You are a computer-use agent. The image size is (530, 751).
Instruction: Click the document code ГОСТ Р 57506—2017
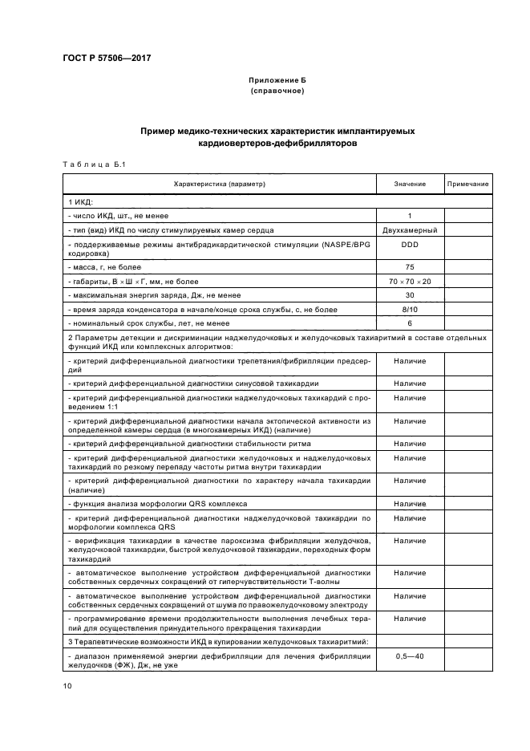click(x=106, y=59)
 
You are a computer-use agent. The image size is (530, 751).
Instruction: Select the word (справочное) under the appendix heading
click(x=277, y=91)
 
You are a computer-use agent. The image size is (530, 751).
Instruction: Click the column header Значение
click(x=410, y=185)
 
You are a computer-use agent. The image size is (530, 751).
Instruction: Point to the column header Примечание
click(x=468, y=185)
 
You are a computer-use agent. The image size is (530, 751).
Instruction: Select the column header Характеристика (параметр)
click(x=219, y=185)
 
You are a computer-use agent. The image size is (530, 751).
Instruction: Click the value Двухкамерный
click(x=410, y=229)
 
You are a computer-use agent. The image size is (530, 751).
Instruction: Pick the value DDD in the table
click(x=410, y=244)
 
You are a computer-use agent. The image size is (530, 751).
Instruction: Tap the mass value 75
click(x=410, y=266)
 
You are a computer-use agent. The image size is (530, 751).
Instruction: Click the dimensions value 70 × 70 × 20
click(x=410, y=282)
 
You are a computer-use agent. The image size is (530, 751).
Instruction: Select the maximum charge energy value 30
click(x=410, y=295)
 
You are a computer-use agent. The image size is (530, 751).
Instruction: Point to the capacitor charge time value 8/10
click(x=410, y=309)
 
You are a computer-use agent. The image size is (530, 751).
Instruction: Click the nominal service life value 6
click(x=410, y=323)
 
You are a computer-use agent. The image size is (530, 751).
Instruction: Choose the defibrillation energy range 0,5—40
click(x=410, y=656)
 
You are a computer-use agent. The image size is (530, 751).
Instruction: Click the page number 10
click(x=67, y=685)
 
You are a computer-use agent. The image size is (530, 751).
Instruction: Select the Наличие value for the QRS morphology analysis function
click(x=410, y=503)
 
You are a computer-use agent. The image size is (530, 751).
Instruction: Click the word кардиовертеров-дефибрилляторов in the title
click(x=277, y=144)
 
